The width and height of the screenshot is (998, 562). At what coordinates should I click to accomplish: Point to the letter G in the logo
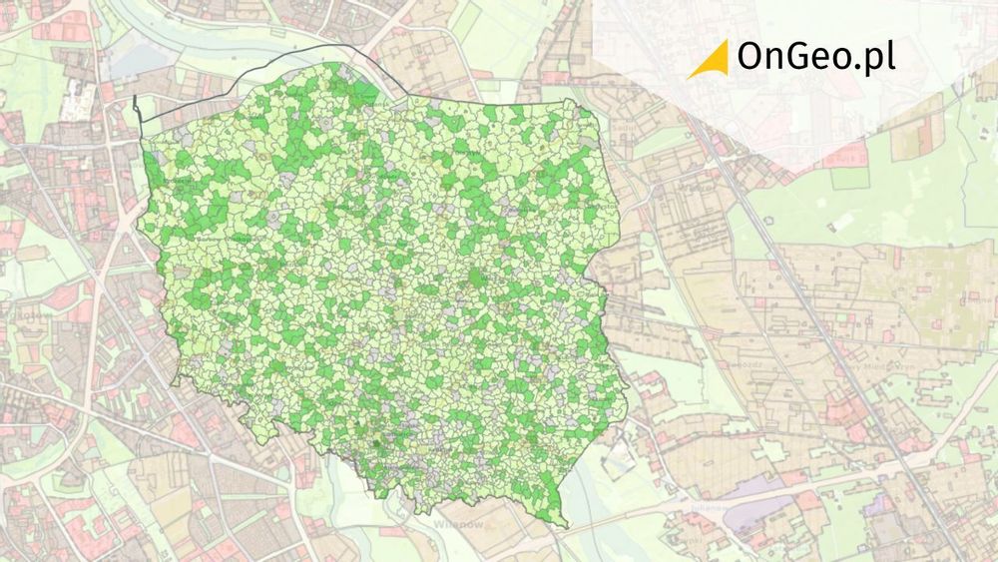pos(803,58)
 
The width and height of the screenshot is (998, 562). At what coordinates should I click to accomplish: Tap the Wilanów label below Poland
pos(458,523)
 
